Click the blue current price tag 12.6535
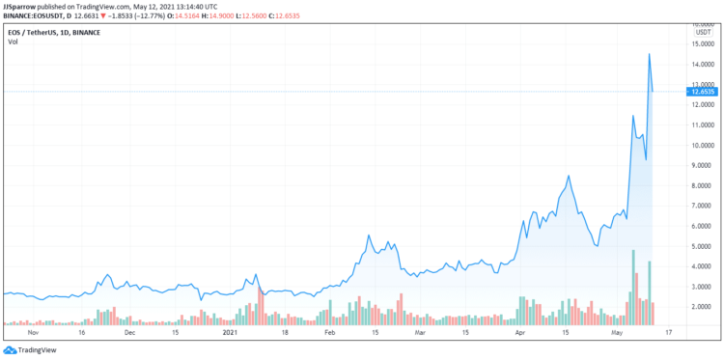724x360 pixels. click(702, 92)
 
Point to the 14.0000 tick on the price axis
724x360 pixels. click(702, 65)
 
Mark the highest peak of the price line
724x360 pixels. click(649, 54)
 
